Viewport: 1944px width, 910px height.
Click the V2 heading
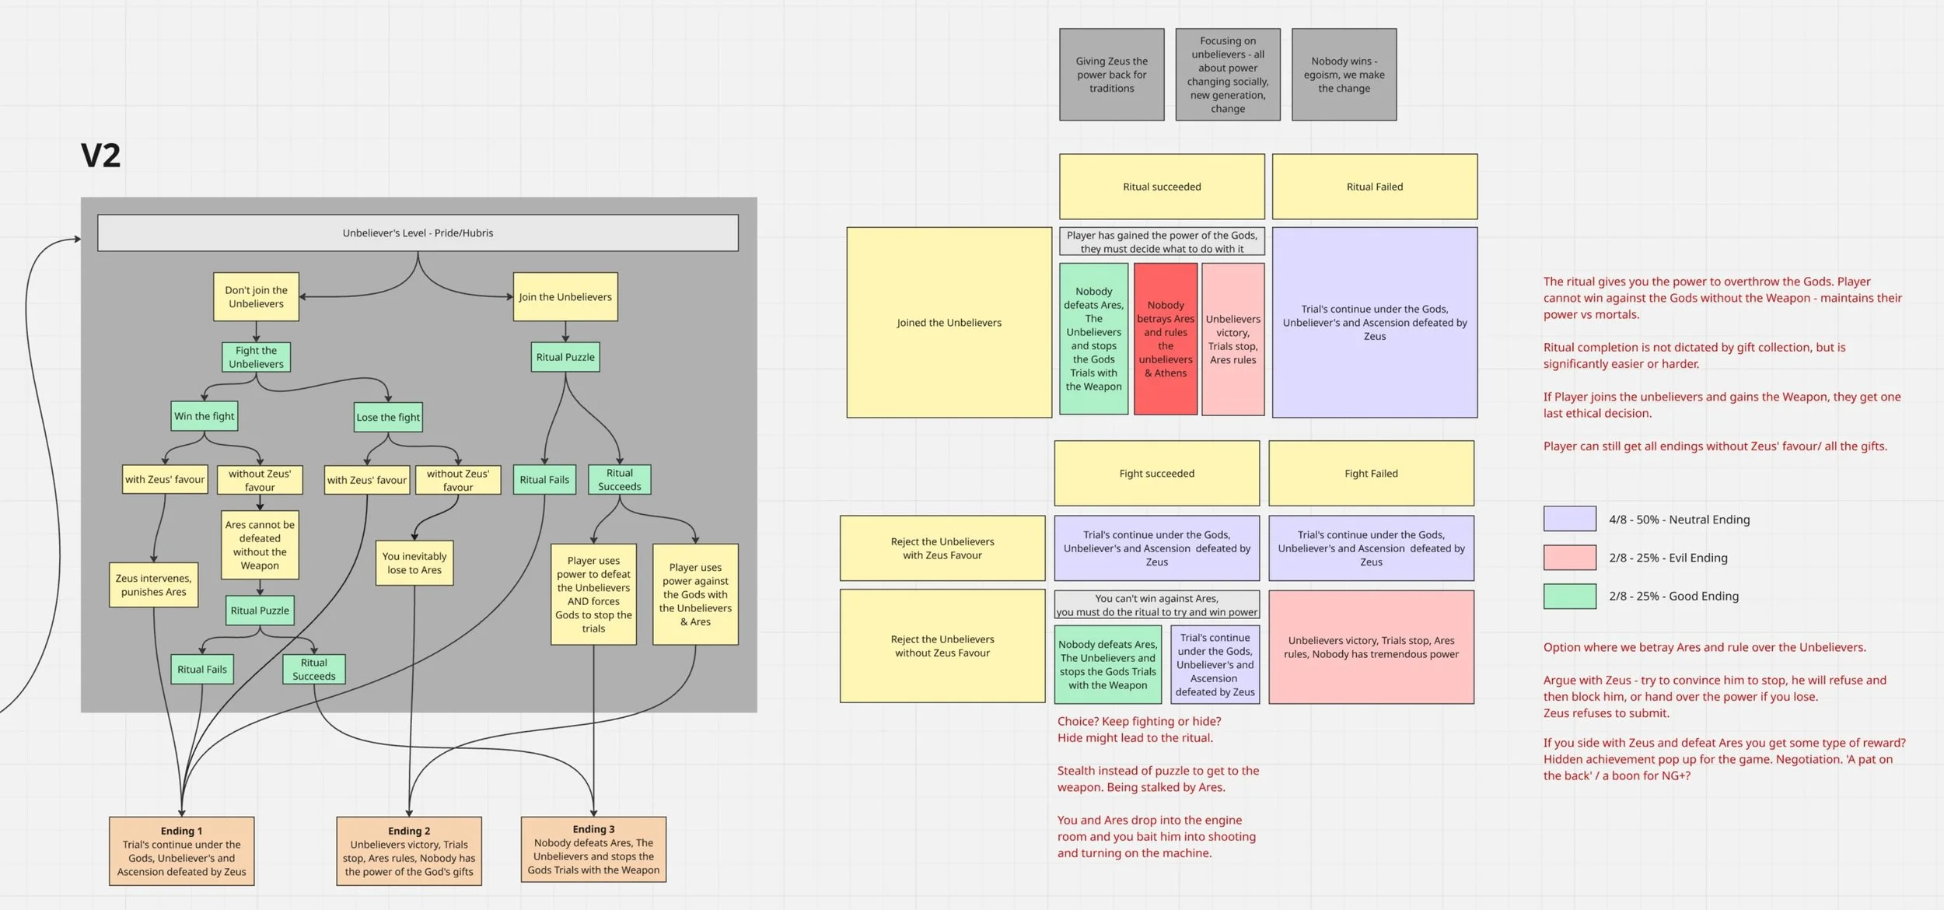(x=101, y=156)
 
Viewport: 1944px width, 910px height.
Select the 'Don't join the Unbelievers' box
(x=256, y=297)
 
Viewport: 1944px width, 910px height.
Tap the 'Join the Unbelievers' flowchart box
(x=565, y=297)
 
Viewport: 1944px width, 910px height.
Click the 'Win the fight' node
(x=205, y=416)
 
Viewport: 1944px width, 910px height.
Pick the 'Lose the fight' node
(x=388, y=417)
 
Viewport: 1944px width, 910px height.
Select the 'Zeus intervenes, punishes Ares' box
(x=154, y=585)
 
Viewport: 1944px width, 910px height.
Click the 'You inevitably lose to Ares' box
(x=414, y=563)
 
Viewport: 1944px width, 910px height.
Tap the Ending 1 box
(x=181, y=851)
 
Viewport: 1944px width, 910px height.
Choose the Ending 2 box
(x=409, y=851)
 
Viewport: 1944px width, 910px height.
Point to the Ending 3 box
(x=593, y=849)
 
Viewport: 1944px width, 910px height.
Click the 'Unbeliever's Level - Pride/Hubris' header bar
(x=418, y=233)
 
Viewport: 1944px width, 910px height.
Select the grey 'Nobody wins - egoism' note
(x=1344, y=75)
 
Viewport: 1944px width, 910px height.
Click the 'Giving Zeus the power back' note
(x=1111, y=75)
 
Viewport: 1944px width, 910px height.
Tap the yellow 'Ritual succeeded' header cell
(x=1162, y=187)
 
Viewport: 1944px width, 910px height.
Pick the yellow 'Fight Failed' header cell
(x=1371, y=474)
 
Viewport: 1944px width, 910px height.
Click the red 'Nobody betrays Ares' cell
(x=1165, y=339)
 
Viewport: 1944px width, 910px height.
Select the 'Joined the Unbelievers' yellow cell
(x=949, y=323)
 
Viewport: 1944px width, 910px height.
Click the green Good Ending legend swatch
(x=1569, y=597)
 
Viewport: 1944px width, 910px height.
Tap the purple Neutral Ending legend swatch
(x=1569, y=519)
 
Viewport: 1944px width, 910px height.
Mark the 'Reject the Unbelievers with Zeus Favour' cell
(x=942, y=548)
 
